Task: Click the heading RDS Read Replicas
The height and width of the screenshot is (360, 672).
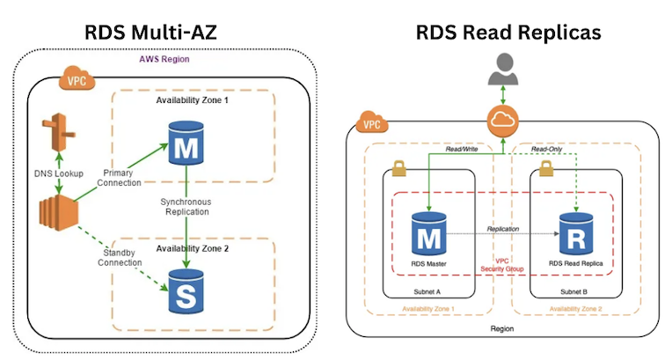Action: [x=508, y=33]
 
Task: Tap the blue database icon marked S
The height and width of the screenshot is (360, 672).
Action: [x=186, y=293]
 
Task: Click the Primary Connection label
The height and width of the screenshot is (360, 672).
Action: [x=118, y=178]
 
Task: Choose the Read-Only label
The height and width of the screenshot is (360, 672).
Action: [x=548, y=150]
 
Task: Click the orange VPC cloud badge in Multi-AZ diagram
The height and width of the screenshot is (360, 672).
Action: [x=74, y=81]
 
